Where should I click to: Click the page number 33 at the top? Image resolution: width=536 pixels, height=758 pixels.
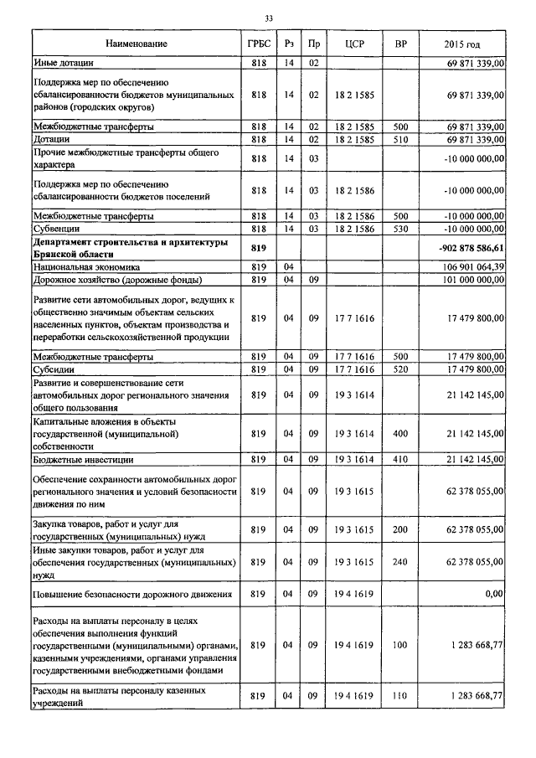tap(268, 18)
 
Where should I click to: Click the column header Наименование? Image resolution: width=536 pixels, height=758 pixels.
tap(137, 43)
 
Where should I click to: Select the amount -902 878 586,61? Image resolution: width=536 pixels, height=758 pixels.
tap(470, 248)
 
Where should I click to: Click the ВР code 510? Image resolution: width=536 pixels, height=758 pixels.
tap(399, 138)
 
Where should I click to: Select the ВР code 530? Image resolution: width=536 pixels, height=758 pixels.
tap(399, 228)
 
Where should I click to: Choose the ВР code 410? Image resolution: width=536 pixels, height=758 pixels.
tap(399, 460)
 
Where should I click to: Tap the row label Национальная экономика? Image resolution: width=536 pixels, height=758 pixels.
tap(86, 266)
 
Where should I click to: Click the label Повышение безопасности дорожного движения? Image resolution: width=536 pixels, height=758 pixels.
tap(131, 594)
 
